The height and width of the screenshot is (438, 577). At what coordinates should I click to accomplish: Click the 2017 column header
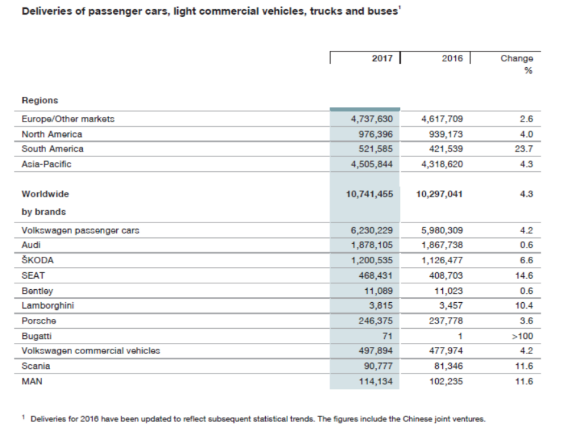[382, 58]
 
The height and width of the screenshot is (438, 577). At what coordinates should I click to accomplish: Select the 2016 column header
[452, 58]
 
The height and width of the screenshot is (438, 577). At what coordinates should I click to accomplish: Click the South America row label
[53, 149]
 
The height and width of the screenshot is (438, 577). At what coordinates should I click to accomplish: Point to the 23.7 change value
[523, 149]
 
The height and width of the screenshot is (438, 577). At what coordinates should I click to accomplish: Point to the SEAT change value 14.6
[523, 275]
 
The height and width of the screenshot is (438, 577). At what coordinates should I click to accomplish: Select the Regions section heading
[40, 100]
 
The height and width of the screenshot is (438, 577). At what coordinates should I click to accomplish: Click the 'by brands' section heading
[44, 211]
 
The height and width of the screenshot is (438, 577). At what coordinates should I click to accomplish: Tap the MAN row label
[31, 381]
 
